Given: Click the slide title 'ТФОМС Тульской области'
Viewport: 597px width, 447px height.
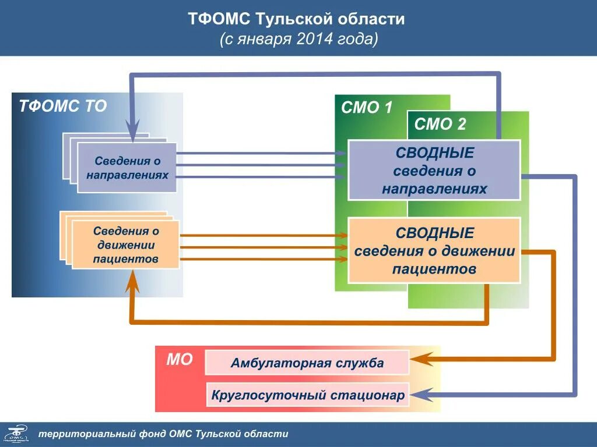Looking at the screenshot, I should [x=296, y=19].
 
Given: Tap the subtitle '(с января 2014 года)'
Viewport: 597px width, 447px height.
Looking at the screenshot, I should [x=298, y=40].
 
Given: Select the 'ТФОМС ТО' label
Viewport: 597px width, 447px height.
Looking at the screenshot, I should [x=63, y=107].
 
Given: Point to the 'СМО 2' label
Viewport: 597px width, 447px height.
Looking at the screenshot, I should [x=440, y=124].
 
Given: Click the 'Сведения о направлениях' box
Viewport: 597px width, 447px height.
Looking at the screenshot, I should [x=127, y=168].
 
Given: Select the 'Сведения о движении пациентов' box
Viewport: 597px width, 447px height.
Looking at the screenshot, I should [x=125, y=244].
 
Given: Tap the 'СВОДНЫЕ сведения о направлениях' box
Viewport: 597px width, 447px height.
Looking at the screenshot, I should [x=434, y=171].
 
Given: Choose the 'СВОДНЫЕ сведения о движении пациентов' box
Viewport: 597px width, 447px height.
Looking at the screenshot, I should [x=434, y=251].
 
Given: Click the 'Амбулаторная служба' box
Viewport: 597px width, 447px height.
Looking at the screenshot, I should [x=307, y=363].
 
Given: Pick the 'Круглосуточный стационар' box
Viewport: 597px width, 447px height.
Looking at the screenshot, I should [x=307, y=395].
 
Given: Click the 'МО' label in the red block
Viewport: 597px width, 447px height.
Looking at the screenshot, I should [x=180, y=360].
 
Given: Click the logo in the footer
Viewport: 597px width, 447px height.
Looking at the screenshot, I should [x=16, y=434].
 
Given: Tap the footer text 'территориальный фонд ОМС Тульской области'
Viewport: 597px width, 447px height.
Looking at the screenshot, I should [x=163, y=434].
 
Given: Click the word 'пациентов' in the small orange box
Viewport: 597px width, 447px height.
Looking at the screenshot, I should [x=125, y=259].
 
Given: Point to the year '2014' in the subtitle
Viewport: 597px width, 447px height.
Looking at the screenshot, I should [x=314, y=40].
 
